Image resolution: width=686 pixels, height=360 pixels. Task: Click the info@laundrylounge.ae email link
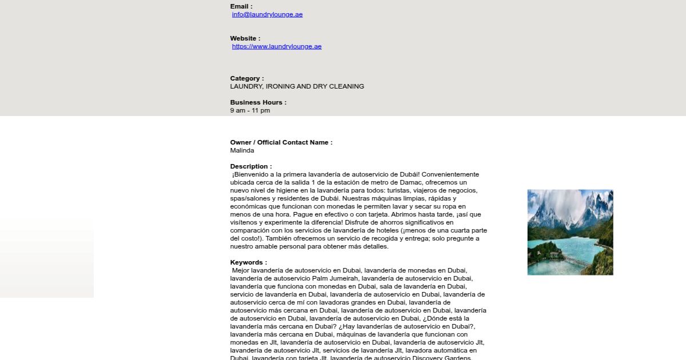267,15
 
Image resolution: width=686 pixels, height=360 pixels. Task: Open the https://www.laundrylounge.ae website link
277,47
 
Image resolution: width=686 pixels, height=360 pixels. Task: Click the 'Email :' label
241,6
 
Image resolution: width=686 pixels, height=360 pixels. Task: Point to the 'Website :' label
245,38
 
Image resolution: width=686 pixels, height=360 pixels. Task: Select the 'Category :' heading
247,78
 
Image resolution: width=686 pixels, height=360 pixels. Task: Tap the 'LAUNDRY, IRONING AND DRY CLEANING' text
297,87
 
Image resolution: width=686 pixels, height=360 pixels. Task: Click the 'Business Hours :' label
258,102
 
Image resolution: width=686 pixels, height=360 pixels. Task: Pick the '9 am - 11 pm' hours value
250,111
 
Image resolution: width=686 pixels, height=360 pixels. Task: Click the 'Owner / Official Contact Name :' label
281,142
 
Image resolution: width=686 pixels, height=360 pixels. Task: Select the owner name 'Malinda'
242,151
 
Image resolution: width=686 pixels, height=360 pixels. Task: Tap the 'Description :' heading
251,166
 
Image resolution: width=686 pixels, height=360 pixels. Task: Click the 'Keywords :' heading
249,262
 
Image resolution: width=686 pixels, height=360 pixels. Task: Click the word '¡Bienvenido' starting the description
250,174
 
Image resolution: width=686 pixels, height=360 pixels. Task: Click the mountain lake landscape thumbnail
570,232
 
